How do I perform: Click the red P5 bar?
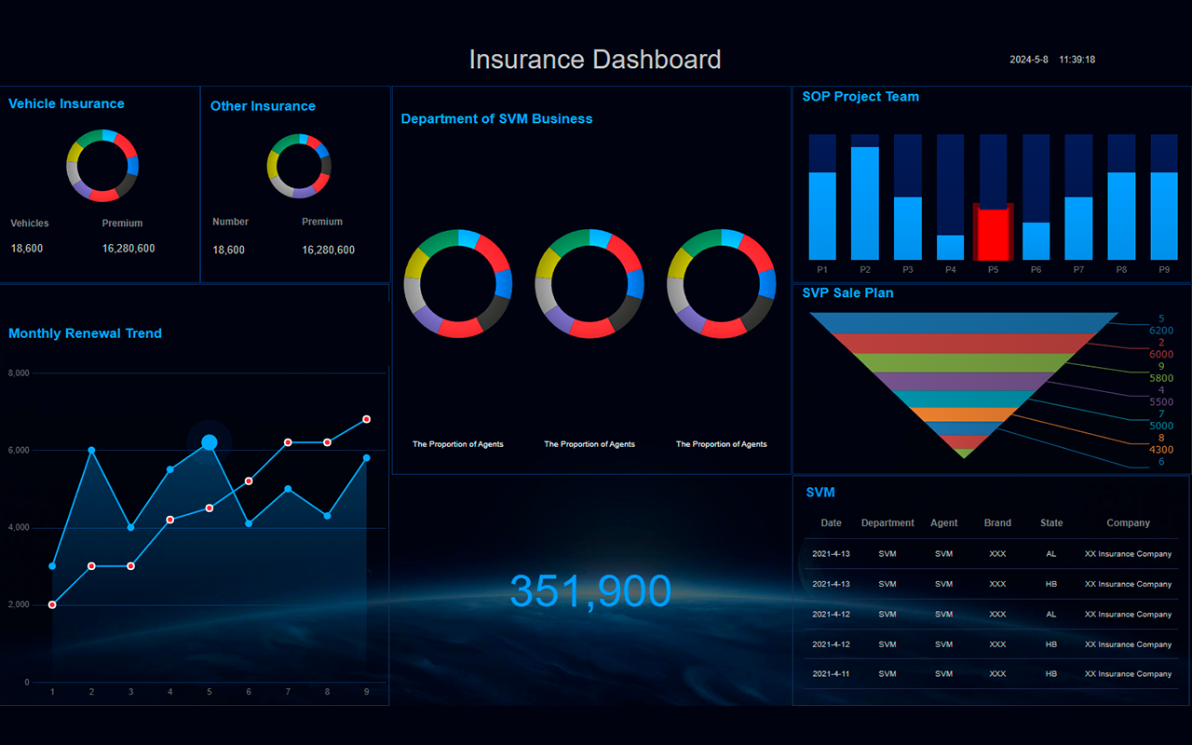(993, 234)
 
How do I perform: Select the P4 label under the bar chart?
(951, 270)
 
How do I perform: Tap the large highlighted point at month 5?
(210, 442)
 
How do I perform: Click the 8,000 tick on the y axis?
(19, 373)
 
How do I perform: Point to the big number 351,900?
(590, 590)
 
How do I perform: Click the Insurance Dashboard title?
(595, 59)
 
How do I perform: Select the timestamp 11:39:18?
(1077, 60)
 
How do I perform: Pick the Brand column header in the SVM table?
(997, 522)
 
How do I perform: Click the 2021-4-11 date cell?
(832, 673)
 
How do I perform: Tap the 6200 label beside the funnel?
(1161, 331)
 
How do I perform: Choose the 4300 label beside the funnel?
(1161, 450)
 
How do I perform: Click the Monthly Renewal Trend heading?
(85, 333)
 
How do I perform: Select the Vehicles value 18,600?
(27, 249)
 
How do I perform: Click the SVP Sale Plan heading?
(847, 292)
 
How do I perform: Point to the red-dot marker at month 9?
(367, 419)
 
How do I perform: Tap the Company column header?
(1128, 522)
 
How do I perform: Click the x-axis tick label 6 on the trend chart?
(249, 692)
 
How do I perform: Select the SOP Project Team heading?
(860, 96)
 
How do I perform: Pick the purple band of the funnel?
(963, 382)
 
